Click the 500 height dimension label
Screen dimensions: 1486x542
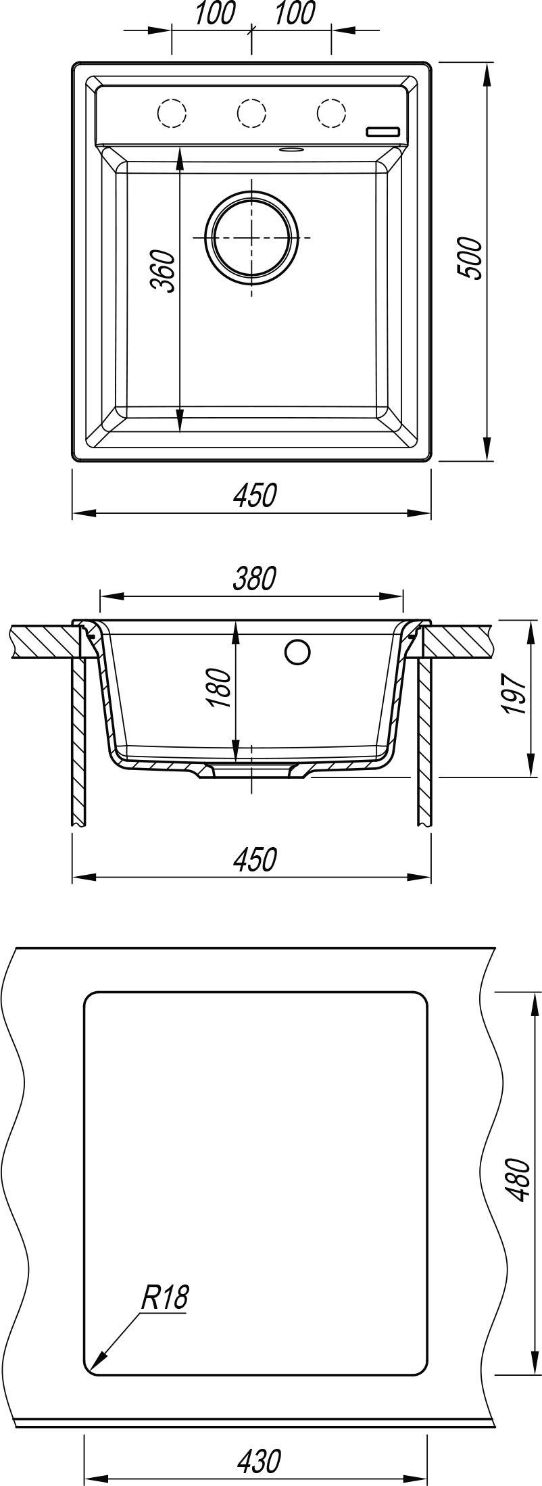[468, 258]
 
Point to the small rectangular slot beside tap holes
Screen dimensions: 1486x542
[383, 131]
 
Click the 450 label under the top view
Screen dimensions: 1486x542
[255, 496]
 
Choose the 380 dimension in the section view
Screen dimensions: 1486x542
[255, 579]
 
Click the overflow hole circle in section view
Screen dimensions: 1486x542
[297, 652]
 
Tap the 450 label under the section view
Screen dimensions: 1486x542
[255, 859]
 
